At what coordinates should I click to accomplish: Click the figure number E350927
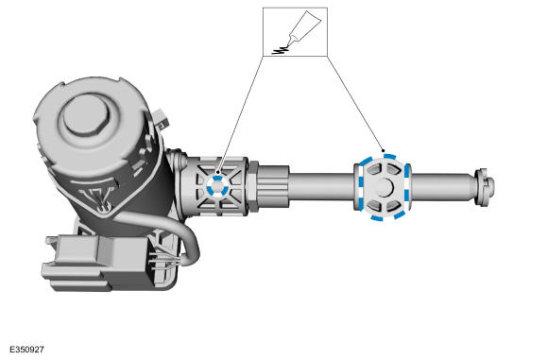(x=26, y=350)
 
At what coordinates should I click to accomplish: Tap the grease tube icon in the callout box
(x=303, y=28)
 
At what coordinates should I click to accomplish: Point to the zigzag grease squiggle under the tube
(x=281, y=50)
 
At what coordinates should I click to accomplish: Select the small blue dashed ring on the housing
(x=217, y=186)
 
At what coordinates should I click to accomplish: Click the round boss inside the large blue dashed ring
(x=385, y=187)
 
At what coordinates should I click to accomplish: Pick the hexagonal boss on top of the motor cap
(x=86, y=114)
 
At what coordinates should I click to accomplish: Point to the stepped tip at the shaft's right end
(x=485, y=187)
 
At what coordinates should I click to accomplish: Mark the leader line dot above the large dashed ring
(x=384, y=151)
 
